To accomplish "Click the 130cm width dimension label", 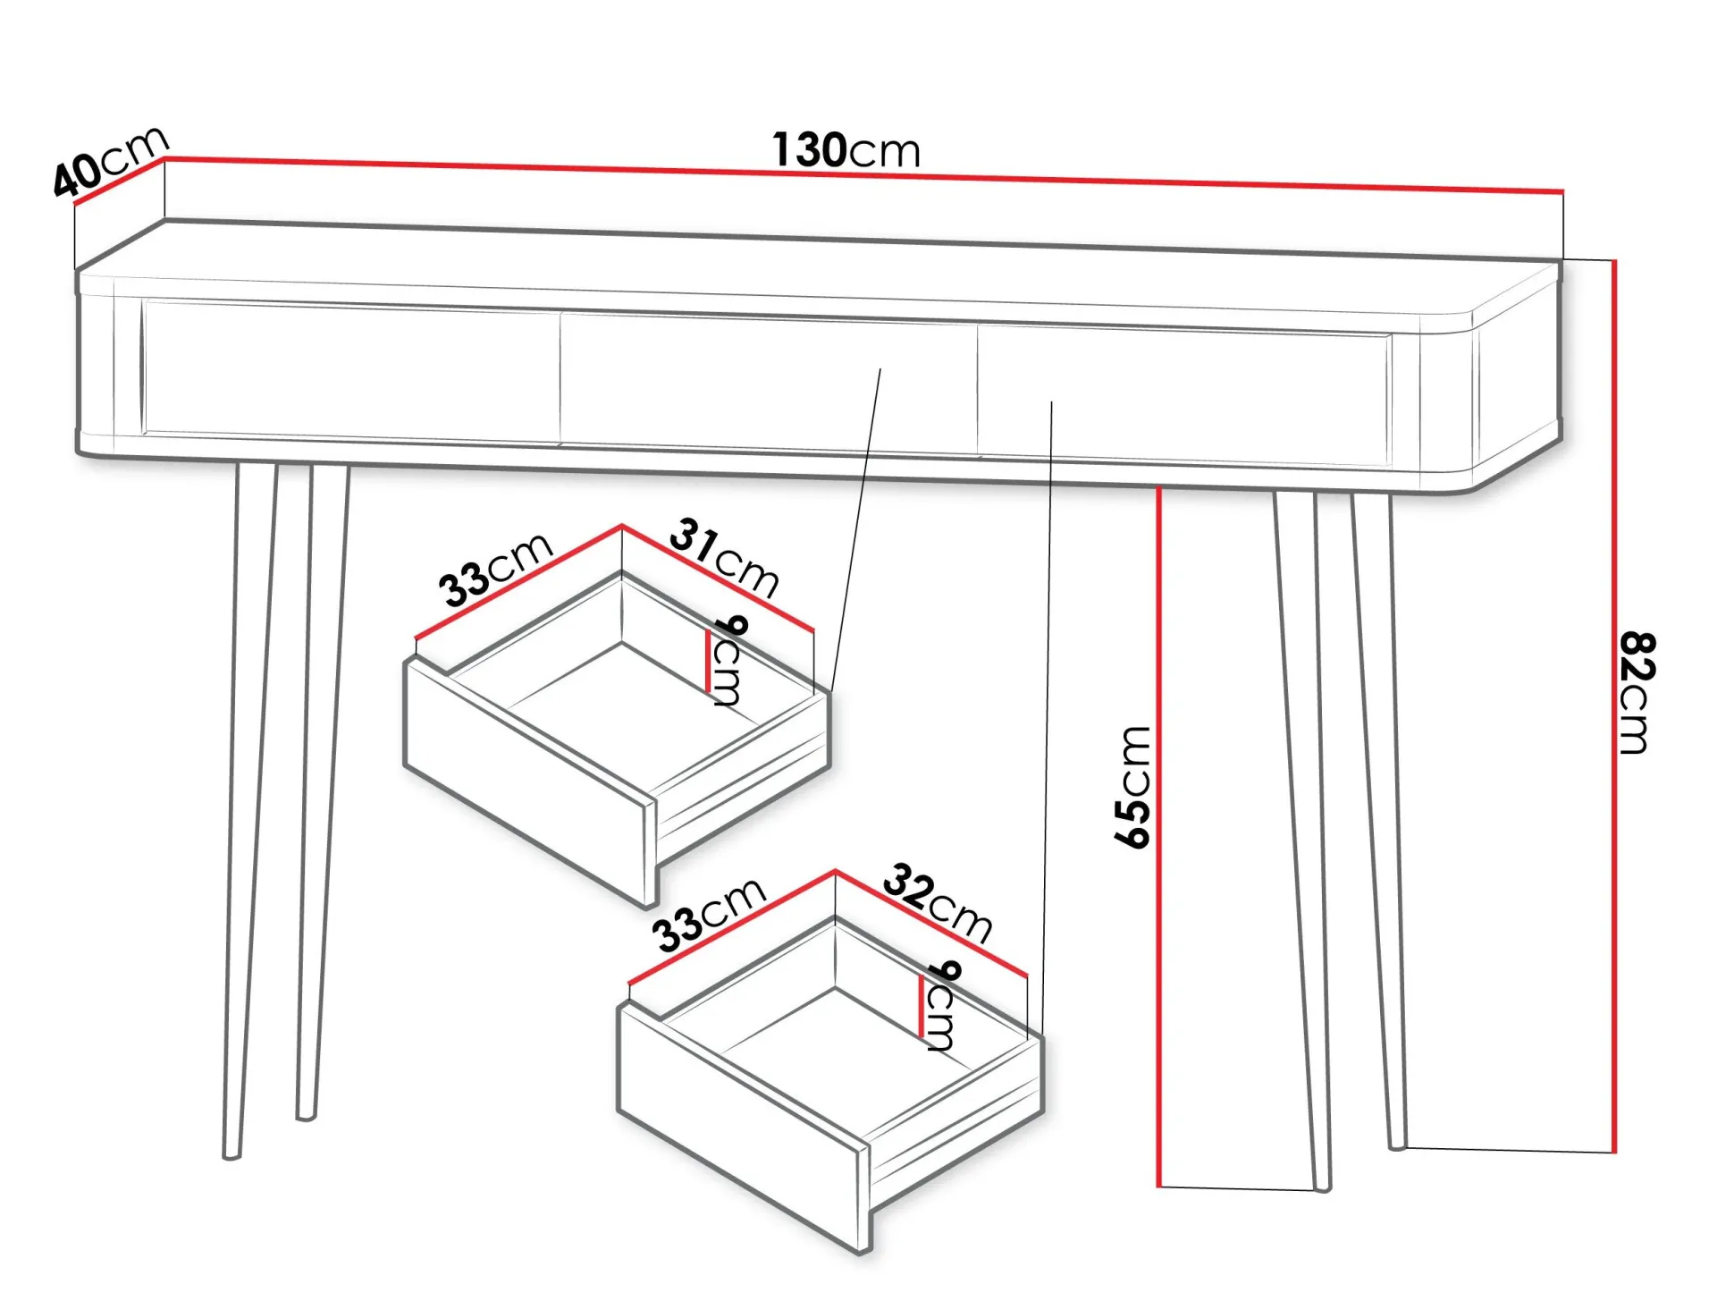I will (x=846, y=150).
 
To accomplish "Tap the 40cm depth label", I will (x=109, y=161).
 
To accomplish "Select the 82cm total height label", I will (x=1637, y=692).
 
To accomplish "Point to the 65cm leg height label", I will (x=1132, y=787).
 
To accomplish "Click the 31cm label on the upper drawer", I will (x=724, y=557).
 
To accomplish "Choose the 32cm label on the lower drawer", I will (x=938, y=903).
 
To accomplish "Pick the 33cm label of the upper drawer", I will (x=495, y=570).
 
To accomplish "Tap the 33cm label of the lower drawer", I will (x=709, y=915).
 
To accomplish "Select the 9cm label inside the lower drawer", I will (x=943, y=1005).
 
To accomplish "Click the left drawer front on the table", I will (x=350, y=371).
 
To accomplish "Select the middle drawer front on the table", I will (x=769, y=383).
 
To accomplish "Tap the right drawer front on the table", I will (x=1184, y=393).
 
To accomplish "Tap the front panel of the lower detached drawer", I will (x=742, y=1127).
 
